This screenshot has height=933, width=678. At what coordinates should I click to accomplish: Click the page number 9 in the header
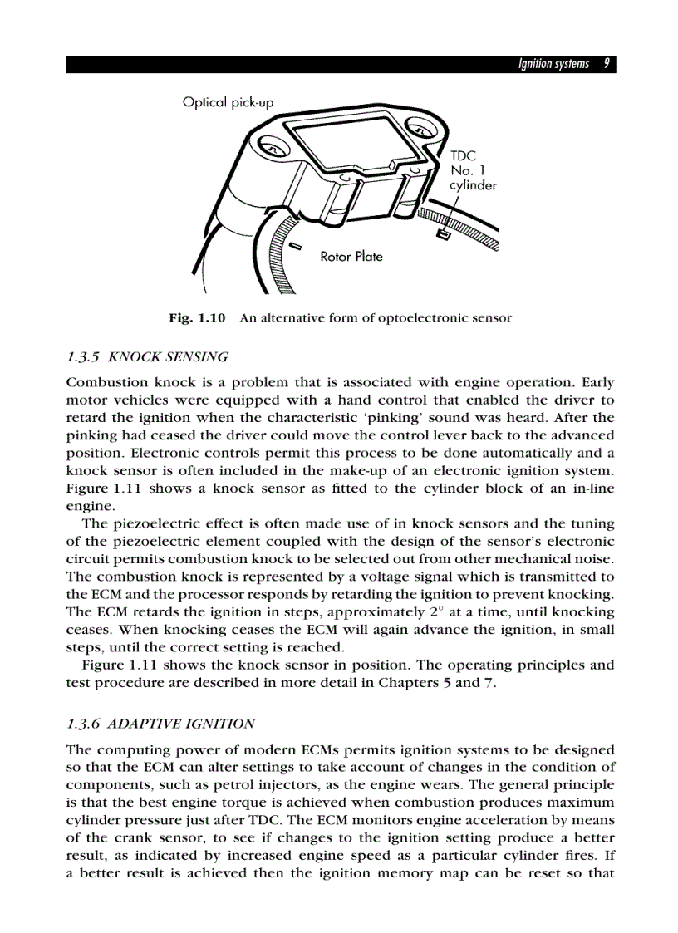click(607, 65)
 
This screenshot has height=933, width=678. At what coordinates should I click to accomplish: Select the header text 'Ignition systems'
click(553, 65)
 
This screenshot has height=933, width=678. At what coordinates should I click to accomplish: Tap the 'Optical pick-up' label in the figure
click(228, 102)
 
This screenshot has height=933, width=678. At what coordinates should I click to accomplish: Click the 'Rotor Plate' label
click(351, 257)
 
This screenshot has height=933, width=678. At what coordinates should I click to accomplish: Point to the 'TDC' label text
click(463, 155)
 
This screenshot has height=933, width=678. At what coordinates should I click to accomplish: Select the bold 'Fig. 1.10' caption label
click(197, 318)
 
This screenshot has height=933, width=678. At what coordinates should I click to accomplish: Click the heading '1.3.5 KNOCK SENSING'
click(147, 357)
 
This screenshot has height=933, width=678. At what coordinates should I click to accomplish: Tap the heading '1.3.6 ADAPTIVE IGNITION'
click(160, 724)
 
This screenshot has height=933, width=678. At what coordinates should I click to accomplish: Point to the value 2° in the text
click(457, 611)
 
